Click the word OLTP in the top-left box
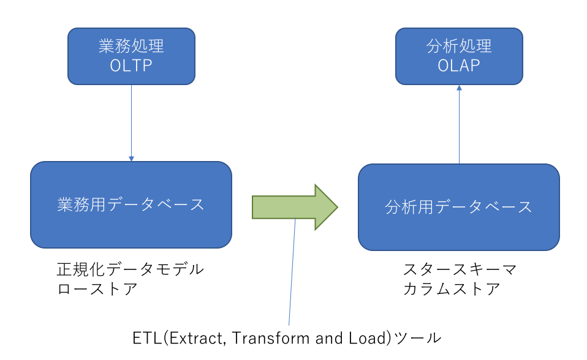131,66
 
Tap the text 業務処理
131,46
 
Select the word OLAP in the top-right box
459,66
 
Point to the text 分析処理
459,46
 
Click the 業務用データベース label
131,204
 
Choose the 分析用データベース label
458,207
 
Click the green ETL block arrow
295,207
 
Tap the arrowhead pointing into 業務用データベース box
131,159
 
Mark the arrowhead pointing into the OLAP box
460,88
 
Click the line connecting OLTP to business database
131,123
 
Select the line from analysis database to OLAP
460,125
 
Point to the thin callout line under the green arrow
292,272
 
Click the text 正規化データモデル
131,269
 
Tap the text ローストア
97,289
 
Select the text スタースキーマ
460,269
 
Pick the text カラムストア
452,289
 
